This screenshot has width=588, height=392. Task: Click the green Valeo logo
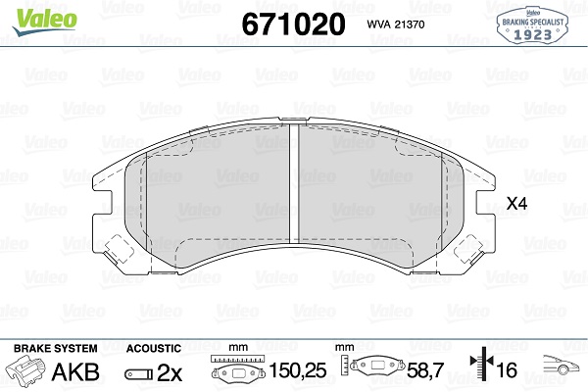tap(45, 21)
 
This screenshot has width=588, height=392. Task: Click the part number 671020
tap(293, 24)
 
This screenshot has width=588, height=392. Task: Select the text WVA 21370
tap(396, 24)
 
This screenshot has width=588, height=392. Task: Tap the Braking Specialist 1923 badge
tap(532, 25)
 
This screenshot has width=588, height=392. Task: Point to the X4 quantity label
tap(517, 204)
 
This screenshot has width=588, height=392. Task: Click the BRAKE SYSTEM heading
tap(56, 349)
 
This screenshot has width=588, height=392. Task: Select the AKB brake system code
tap(75, 371)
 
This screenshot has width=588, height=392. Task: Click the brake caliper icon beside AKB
tap(24, 371)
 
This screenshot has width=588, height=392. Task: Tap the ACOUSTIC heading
tap(154, 349)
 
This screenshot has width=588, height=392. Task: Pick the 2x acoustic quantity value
tap(170, 372)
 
